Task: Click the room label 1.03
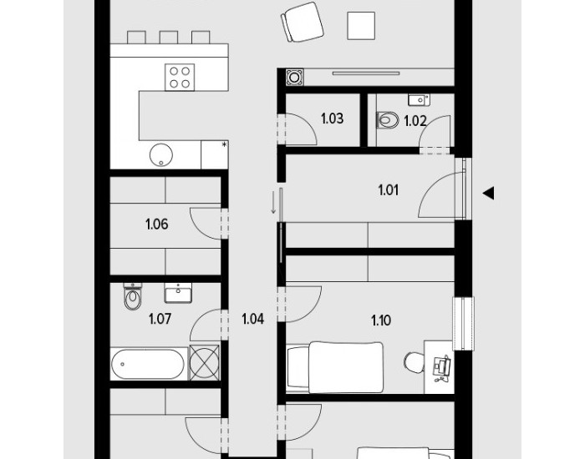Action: tap(332, 119)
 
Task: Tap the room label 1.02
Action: tap(415, 121)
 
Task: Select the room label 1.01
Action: tap(389, 190)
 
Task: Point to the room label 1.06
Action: tap(157, 224)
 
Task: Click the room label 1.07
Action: tap(160, 319)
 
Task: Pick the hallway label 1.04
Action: tap(252, 319)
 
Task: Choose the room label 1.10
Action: tap(381, 320)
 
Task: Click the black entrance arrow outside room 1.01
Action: tap(488, 194)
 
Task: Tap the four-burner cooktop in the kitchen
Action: tap(180, 77)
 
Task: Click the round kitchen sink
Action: tap(161, 155)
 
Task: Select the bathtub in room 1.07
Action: tap(148, 365)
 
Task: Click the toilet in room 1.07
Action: tap(133, 296)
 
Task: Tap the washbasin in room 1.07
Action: tap(178, 293)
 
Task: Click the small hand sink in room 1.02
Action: tap(419, 99)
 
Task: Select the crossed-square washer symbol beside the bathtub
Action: tap(205, 363)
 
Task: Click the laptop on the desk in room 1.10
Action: tap(442, 367)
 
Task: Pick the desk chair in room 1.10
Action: tap(414, 362)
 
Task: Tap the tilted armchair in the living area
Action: tap(303, 22)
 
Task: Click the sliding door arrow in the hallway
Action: tap(273, 202)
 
